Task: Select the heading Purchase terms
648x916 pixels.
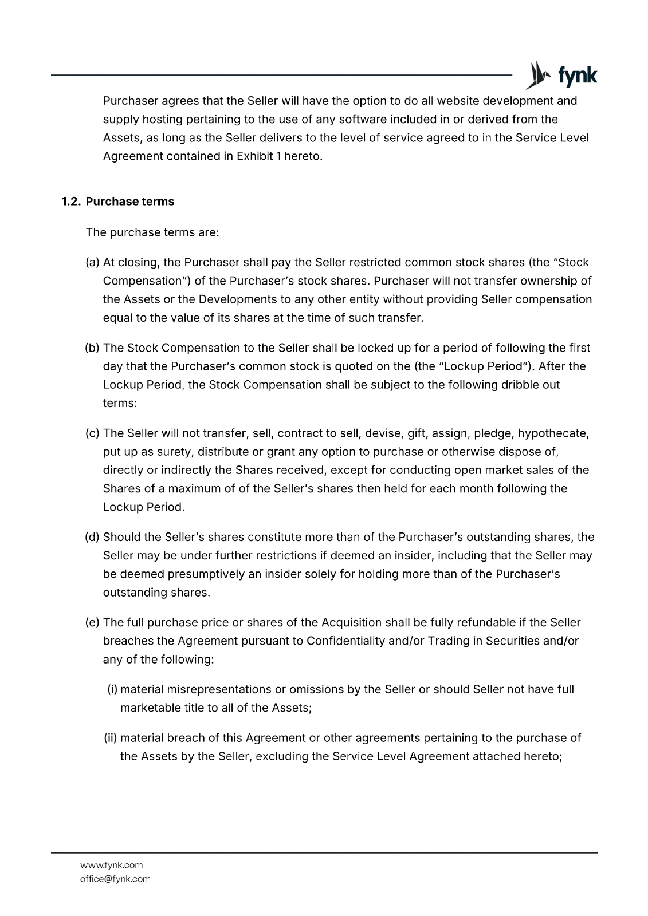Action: point(130,202)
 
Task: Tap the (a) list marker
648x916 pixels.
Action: point(92,263)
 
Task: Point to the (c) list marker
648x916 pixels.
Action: point(92,433)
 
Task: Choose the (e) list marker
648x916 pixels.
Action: point(92,622)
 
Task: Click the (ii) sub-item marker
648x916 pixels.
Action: point(110,738)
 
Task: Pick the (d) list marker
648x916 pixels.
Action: point(92,537)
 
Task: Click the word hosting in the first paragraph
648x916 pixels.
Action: point(158,120)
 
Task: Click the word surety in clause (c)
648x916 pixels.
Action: point(175,452)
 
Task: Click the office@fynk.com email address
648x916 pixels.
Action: point(115,879)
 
